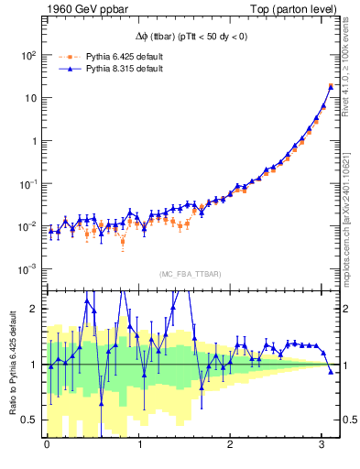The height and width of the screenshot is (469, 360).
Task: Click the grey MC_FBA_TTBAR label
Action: click(190, 275)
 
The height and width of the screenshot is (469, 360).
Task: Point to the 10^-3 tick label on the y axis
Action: click(27, 269)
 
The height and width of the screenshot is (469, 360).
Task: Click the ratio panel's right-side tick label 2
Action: click(348, 309)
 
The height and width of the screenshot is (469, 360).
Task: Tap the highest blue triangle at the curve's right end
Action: click(331, 86)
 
